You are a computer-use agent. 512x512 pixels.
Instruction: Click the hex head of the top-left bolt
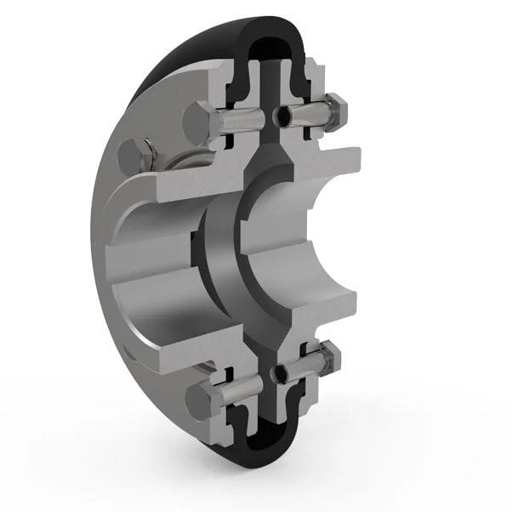(197, 122)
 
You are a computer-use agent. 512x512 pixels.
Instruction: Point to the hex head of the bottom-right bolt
(334, 357)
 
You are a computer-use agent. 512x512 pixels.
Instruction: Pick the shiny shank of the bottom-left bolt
(242, 390)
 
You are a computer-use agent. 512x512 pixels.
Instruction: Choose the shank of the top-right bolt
(310, 111)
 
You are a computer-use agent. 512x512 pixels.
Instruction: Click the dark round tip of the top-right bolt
(282, 114)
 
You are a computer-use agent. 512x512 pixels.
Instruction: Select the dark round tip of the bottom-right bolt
(280, 372)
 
